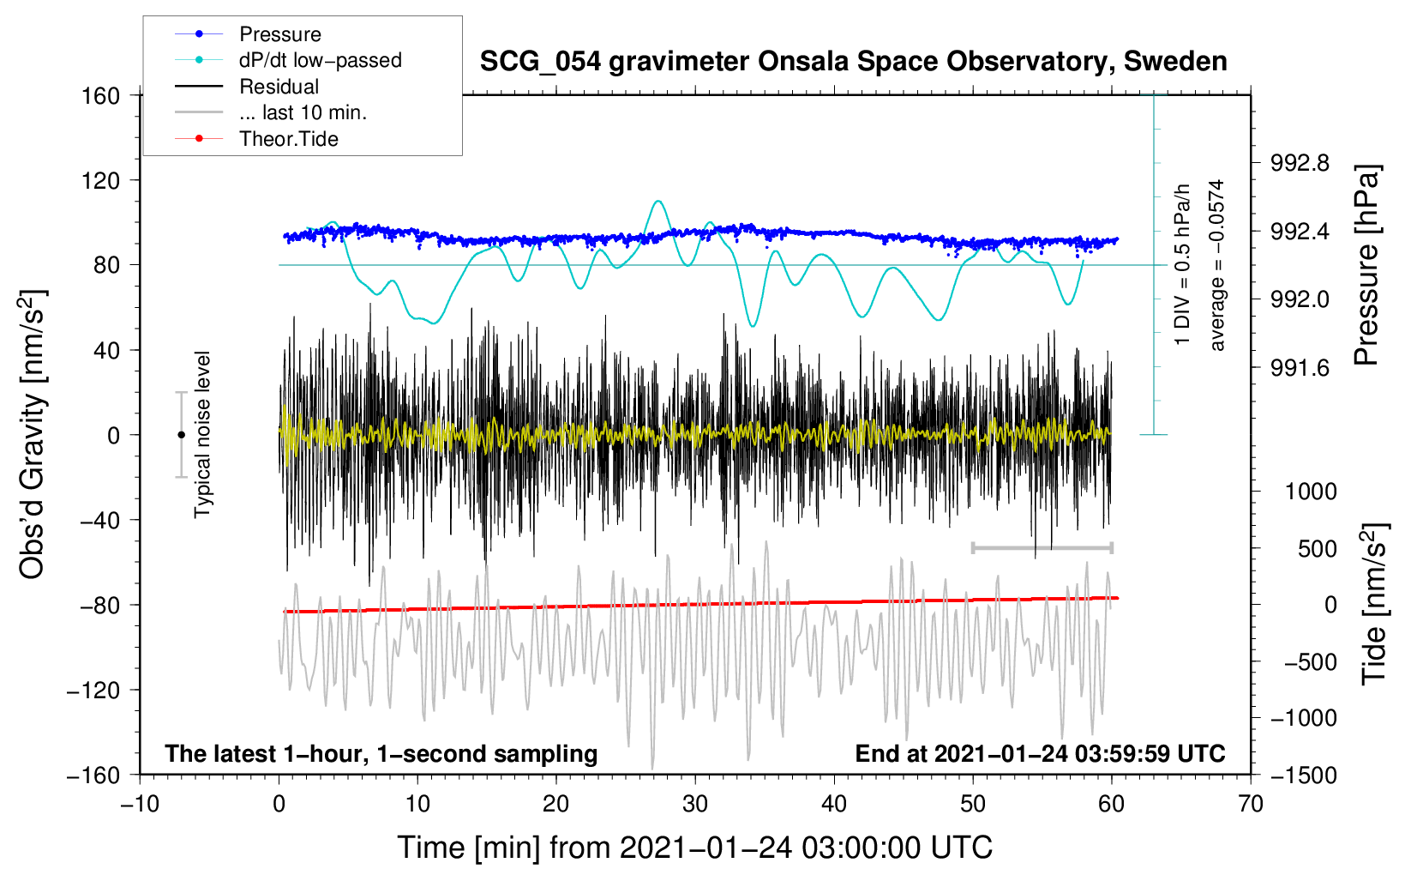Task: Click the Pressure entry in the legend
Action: (x=279, y=34)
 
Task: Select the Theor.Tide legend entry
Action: (x=288, y=139)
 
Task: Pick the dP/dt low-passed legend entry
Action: (x=320, y=60)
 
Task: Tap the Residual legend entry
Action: (x=279, y=87)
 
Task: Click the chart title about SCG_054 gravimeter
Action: (x=853, y=62)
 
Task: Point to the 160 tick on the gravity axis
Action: (x=101, y=96)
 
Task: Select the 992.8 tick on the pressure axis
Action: (x=1300, y=163)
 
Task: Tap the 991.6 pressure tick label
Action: (x=1300, y=368)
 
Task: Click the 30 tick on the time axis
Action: (x=695, y=804)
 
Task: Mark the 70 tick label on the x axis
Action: (x=1251, y=804)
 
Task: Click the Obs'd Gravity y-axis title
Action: (x=33, y=434)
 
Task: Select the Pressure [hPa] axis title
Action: (x=1367, y=266)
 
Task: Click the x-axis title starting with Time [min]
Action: (x=694, y=848)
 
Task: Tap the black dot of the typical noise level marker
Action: (x=182, y=435)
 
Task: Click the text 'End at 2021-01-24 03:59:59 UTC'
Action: (x=1040, y=753)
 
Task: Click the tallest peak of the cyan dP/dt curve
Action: (x=657, y=202)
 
